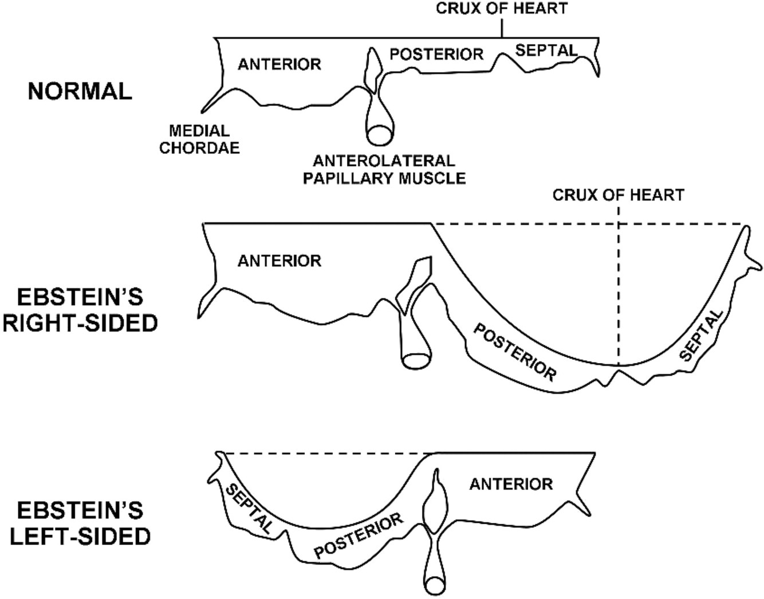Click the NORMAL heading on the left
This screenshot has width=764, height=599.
pyautogui.click(x=80, y=92)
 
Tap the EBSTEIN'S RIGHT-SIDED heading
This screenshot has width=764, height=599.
pyautogui.click(x=80, y=310)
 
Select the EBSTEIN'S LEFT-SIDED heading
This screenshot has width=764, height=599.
pyautogui.click(x=80, y=523)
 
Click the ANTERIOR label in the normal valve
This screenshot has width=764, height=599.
pyautogui.click(x=279, y=64)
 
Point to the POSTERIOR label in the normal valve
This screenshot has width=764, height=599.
pyautogui.click(x=436, y=54)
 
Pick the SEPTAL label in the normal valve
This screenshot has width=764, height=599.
pyautogui.click(x=546, y=50)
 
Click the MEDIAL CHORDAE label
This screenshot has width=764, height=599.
pyautogui.click(x=199, y=139)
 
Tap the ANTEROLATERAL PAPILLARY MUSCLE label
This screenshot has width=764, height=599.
pyautogui.click(x=384, y=169)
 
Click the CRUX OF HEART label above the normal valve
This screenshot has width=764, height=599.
pyautogui.click(x=502, y=9)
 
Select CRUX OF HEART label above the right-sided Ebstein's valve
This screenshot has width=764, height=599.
pyautogui.click(x=618, y=195)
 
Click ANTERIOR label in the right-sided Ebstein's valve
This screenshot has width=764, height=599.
pyautogui.click(x=279, y=261)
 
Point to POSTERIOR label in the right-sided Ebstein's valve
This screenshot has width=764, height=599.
pyautogui.click(x=514, y=352)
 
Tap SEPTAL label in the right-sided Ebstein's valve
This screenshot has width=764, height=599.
pyautogui.click(x=701, y=335)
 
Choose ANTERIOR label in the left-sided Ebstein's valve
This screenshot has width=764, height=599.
pyautogui.click(x=511, y=484)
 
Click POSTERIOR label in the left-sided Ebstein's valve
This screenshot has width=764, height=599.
pyautogui.click(x=359, y=536)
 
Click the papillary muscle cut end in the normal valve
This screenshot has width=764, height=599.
pyautogui.click(x=377, y=135)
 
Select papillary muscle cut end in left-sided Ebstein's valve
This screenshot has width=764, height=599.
pyautogui.click(x=435, y=586)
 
